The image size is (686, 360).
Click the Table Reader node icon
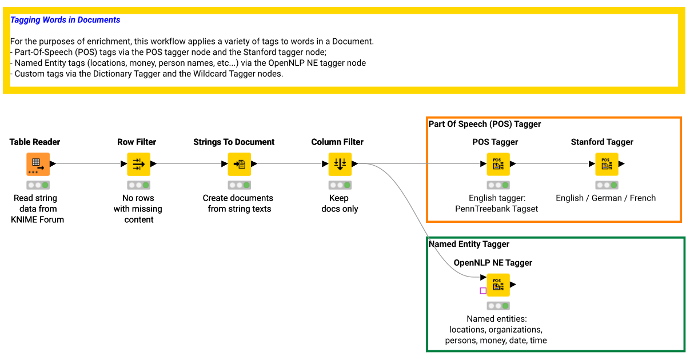38,164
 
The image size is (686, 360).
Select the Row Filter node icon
139,164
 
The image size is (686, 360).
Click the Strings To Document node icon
240,164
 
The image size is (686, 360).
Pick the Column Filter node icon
340,164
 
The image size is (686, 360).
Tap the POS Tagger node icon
498,164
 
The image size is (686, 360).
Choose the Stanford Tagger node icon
607,164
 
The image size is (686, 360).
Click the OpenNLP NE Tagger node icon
498,285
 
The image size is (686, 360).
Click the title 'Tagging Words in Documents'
65,20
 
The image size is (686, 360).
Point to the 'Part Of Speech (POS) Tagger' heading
485,124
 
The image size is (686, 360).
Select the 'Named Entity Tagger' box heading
469,244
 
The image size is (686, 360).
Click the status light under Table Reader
38,185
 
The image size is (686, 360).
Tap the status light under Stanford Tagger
607,185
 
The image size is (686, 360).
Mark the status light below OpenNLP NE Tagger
498,306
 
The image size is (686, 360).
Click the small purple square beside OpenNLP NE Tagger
483,291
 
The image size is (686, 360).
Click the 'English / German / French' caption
605,198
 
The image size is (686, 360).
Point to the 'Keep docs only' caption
339,203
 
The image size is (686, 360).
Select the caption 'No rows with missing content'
138,209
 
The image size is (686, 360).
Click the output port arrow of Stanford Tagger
621,164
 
